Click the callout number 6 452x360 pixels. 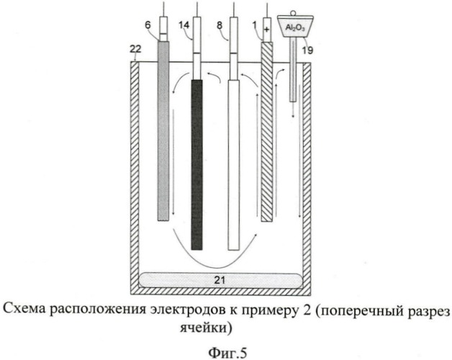click(148, 25)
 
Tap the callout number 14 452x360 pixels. click(184, 25)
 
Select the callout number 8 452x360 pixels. click(220, 25)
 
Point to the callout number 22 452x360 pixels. click(135, 49)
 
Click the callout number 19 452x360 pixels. click(307, 50)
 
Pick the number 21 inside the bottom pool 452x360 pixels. click(220, 280)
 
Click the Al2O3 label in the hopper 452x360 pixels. click(295, 27)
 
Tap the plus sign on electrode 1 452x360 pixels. click(266, 30)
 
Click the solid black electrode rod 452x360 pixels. click(196, 165)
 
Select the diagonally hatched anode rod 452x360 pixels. click(266, 132)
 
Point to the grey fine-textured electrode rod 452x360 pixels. click(163, 131)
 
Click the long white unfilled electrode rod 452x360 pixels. click(233, 166)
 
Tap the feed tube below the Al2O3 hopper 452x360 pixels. click(293, 70)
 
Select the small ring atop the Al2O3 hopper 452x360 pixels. click(294, 13)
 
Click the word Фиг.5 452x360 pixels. click(227, 353)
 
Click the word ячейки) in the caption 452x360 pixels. click(206, 328)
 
